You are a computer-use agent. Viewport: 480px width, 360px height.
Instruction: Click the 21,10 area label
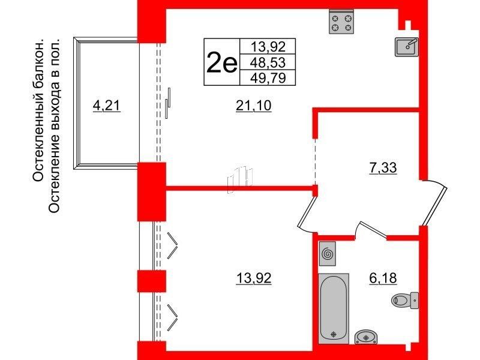coord(253,106)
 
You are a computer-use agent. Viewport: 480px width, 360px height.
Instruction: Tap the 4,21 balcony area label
coord(107,106)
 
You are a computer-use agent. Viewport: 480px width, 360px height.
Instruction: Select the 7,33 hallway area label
coord(383,168)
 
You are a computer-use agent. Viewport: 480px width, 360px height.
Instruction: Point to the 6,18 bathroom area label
coord(383,278)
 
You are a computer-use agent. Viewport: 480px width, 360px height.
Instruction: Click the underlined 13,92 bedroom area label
coord(253,278)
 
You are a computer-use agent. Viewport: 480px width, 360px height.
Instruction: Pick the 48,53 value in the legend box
coord(268,62)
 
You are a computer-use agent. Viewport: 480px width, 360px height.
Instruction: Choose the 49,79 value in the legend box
coord(268,78)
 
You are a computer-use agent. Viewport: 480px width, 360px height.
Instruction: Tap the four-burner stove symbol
coord(341,22)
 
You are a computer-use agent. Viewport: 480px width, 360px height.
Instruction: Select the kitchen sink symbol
coord(407,47)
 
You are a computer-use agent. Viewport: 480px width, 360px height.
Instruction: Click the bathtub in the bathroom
coord(334,308)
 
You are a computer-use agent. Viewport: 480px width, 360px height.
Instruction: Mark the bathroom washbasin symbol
coord(366,337)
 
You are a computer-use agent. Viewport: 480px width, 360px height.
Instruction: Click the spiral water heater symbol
coord(327,253)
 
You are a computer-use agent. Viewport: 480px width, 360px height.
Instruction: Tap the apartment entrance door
coord(434,203)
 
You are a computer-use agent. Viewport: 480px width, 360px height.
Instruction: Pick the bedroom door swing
coord(307,213)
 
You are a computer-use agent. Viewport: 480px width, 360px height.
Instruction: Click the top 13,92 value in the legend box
coord(268,47)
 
